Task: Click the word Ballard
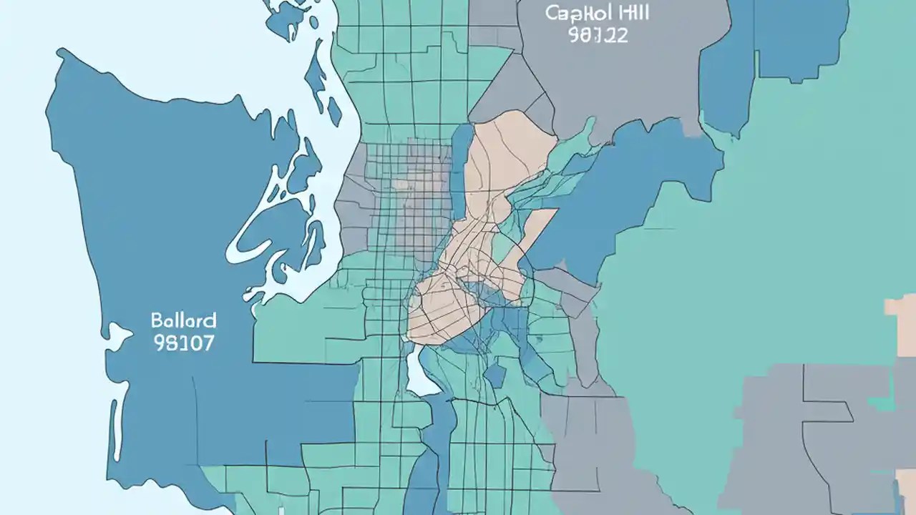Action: pyautogui.click(x=183, y=319)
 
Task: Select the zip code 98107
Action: pyautogui.click(x=183, y=343)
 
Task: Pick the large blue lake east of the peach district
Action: pyautogui.click(x=630, y=186)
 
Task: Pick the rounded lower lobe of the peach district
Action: pyautogui.click(x=437, y=315)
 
